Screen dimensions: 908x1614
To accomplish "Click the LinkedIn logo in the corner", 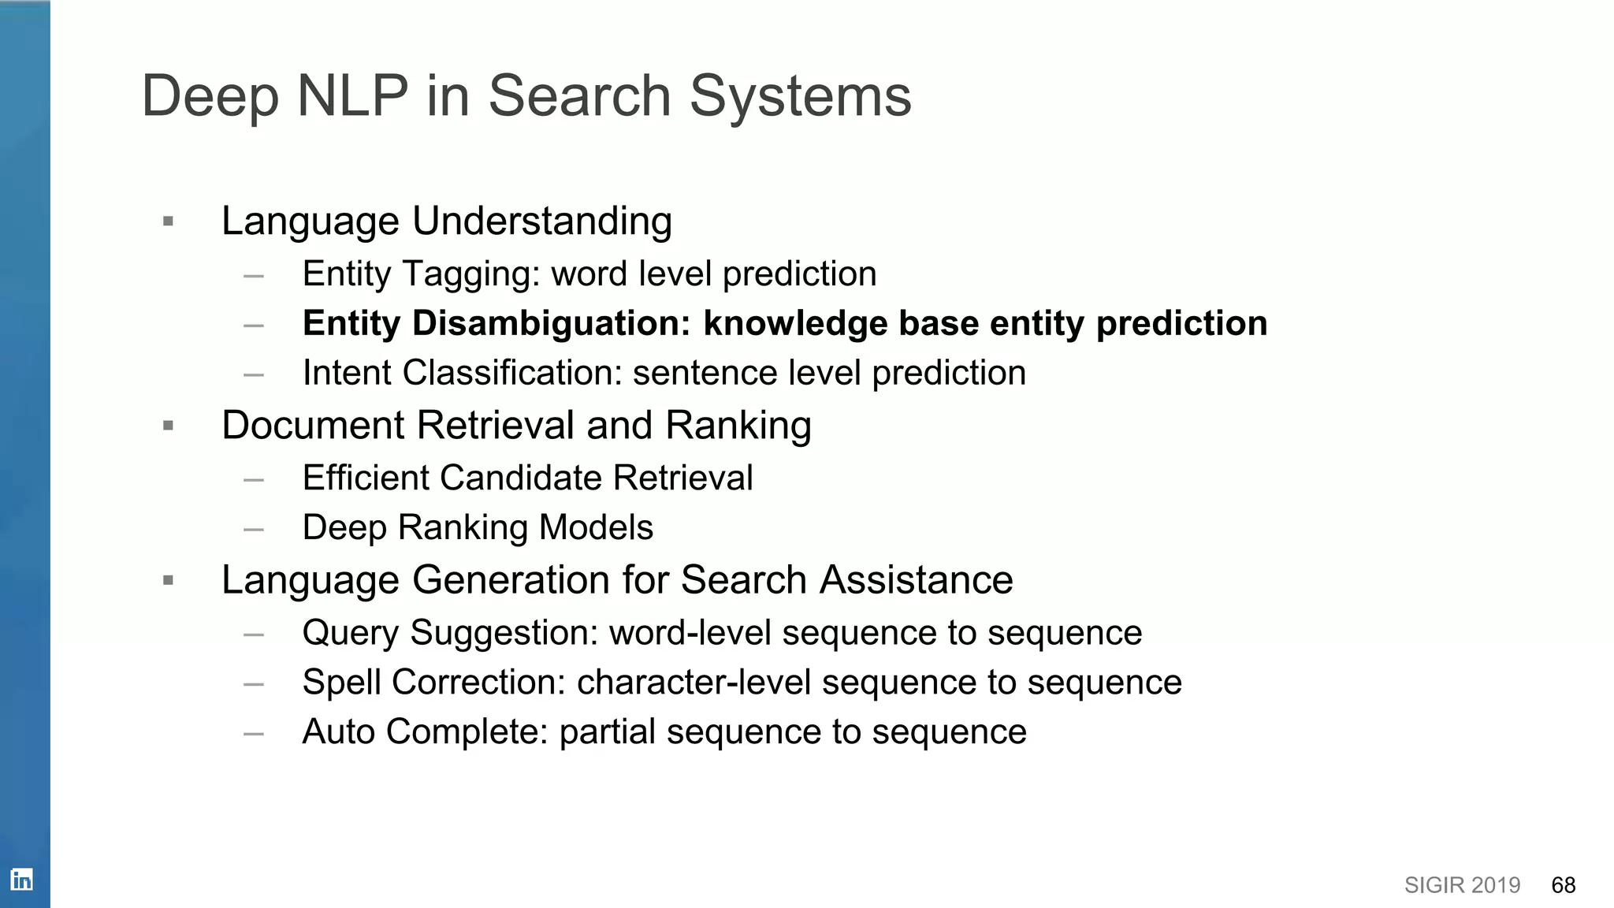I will pos(21,880).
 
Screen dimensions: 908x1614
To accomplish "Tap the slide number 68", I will pos(1563,885).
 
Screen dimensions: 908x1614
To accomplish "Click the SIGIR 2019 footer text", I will pos(1462,885).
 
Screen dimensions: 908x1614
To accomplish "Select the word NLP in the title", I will pos(352,96).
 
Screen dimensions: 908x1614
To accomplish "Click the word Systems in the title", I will pos(800,96).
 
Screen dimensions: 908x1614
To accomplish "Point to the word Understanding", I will pos(542,221).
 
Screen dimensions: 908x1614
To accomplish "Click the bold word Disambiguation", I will pos(552,323).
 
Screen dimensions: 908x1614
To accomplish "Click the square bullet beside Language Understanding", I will pos(168,221).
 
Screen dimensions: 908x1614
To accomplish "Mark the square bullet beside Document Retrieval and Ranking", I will pos(168,426).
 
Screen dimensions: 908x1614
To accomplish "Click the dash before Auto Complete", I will pos(254,734).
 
